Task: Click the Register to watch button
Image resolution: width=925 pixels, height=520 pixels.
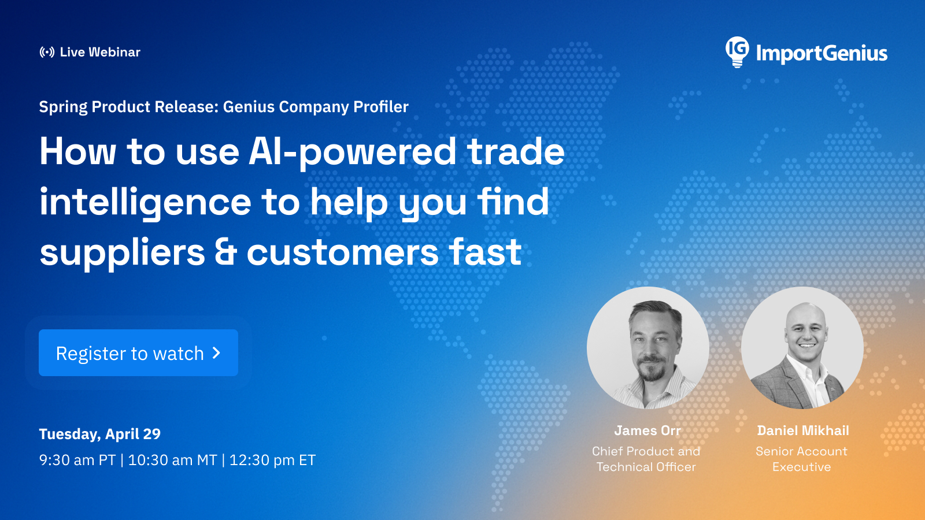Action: (x=138, y=352)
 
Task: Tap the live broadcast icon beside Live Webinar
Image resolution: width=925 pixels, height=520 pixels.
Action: (x=47, y=52)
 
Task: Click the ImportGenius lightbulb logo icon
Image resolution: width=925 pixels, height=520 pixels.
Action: (x=737, y=52)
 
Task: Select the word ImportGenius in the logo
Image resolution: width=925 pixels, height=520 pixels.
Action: (x=822, y=53)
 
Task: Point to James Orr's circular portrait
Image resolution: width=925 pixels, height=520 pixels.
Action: (x=648, y=348)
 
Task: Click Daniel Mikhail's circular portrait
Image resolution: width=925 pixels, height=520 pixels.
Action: (x=802, y=348)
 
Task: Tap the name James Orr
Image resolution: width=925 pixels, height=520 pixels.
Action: (x=647, y=430)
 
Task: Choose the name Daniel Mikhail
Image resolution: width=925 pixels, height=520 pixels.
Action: (x=803, y=430)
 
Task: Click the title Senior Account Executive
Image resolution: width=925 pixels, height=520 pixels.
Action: (x=801, y=459)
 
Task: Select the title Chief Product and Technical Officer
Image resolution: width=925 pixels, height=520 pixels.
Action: (x=646, y=459)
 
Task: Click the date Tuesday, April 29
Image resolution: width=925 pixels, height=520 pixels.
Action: (x=99, y=434)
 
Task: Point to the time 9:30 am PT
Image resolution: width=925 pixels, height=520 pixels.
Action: (x=77, y=460)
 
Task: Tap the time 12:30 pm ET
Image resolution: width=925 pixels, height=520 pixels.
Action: (x=272, y=460)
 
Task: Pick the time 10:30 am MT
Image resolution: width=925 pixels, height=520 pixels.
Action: (x=173, y=460)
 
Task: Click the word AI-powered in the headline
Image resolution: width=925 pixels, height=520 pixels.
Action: (x=352, y=153)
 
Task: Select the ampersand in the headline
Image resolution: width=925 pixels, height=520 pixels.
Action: (x=225, y=252)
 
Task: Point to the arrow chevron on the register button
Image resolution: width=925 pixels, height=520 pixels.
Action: (x=216, y=353)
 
